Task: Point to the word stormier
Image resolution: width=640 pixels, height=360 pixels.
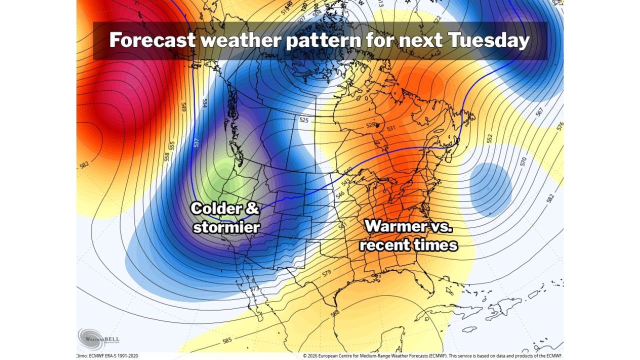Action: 226,227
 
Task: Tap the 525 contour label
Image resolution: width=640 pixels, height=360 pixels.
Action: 303,120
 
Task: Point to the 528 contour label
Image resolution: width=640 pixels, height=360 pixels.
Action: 370,125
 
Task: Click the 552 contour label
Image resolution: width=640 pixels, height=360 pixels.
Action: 489,137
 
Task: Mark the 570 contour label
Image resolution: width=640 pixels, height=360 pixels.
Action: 523,161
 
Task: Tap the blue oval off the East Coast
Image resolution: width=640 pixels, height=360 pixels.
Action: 491,189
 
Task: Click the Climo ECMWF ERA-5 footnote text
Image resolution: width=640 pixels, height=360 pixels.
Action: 107,356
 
